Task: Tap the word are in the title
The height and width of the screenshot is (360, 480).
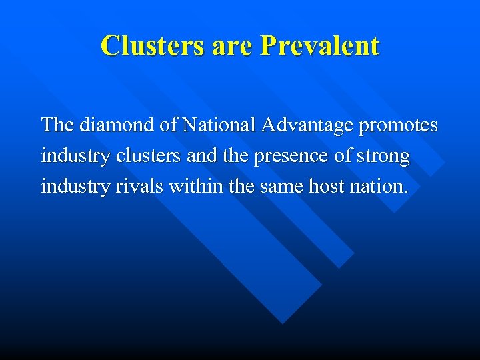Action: tap(235, 45)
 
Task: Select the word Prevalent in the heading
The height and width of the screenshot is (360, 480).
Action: tap(321, 45)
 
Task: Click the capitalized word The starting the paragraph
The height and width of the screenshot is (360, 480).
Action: tap(57, 125)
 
